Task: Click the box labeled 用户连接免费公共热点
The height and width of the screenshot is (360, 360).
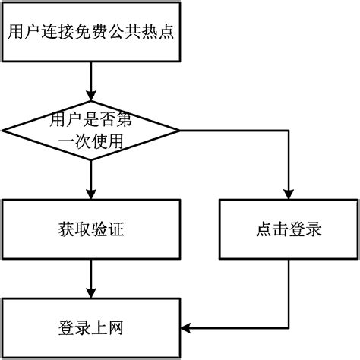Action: pyautogui.click(x=91, y=33)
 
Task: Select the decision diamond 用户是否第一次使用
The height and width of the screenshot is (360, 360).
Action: pyautogui.click(x=91, y=130)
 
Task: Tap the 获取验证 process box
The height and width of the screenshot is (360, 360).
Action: pyautogui.click(x=91, y=229)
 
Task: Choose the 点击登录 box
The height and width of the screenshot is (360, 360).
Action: pyautogui.click(x=289, y=229)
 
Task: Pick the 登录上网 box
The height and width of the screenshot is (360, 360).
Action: pyautogui.click(x=91, y=328)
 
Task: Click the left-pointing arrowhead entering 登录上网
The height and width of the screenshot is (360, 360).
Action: pyautogui.click(x=188, y=328)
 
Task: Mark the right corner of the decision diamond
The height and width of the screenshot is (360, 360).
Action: pyautogui.click(x=180, y=130)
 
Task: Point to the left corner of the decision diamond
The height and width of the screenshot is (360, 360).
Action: pyautogui.click(x=3, y=130)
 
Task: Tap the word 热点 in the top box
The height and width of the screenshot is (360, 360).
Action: pyautogui.click(x=159, y=33)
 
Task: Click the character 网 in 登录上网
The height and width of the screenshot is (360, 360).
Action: pyautogui.click(x=115, y=328)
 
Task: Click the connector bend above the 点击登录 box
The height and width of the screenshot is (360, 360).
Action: pyautogui.click(x=289, y=130)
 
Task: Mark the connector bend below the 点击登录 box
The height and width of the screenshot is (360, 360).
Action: pyautogui.click(x=289, y=328)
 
